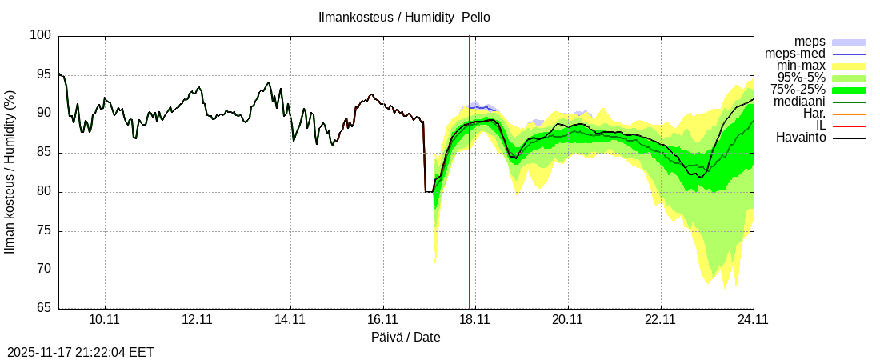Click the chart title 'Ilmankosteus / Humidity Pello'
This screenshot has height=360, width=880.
404,17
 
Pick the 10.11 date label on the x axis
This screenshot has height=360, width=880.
105,321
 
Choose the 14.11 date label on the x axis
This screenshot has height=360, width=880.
290,321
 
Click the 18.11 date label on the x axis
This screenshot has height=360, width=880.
475,321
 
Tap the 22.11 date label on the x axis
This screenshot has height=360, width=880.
661,321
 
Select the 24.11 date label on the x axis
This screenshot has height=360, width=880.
753,321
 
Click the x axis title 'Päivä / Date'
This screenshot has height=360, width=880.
406,337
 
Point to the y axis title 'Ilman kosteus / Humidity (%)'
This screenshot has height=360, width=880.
10,172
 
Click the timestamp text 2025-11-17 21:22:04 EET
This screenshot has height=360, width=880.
81,352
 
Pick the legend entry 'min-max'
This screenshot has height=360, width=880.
801,66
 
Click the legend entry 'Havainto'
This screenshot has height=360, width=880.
801,138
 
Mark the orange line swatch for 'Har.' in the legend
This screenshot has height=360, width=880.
849,114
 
